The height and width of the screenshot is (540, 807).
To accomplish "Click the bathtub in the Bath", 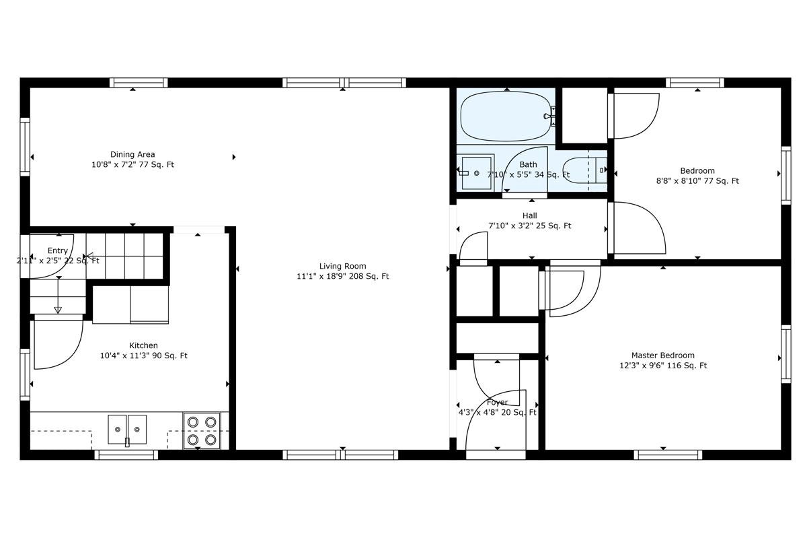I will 505,116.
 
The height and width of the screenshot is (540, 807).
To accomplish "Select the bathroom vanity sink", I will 476,173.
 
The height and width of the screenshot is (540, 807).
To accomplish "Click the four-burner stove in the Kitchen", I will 202,430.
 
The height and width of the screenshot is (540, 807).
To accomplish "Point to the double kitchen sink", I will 127,429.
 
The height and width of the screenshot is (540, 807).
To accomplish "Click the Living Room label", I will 342,266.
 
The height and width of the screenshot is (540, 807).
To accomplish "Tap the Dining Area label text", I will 132,154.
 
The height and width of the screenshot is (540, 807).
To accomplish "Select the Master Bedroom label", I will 662,355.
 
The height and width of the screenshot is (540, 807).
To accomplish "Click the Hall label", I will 529,215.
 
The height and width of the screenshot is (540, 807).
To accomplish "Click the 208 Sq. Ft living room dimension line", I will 342,276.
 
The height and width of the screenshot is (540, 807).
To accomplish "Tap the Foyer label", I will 497,402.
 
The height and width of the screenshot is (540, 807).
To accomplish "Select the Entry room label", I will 57,250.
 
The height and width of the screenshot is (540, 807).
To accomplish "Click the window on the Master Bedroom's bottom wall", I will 668,454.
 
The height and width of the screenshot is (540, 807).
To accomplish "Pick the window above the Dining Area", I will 139,83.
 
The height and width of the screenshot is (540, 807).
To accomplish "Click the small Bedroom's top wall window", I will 695,83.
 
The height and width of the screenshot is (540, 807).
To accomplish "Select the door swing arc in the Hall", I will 475,246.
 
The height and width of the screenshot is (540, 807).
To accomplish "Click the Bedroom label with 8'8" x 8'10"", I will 697,170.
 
